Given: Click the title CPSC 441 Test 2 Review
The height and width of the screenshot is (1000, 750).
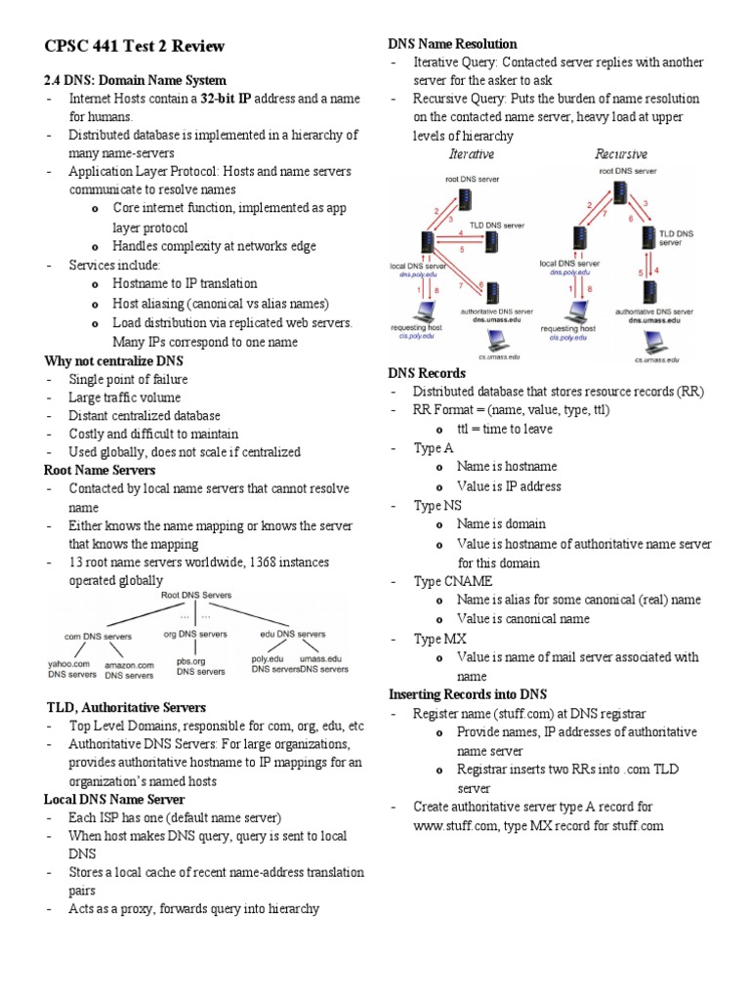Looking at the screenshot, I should pos(135,46).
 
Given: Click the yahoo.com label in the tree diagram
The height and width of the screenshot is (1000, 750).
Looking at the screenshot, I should pos(71,668).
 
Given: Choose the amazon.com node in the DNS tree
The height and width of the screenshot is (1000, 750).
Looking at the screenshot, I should pos(129,669).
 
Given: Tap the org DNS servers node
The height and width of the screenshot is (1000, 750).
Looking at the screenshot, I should pos(191,635).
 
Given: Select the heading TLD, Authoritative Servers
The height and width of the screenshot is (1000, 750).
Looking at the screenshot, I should pos(127,706).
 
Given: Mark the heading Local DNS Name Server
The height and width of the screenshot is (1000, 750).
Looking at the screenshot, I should pos(114,799).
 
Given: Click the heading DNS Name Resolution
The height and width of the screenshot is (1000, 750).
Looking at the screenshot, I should pos(452,44).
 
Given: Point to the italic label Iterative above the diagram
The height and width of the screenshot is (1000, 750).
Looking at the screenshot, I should pos(471,154).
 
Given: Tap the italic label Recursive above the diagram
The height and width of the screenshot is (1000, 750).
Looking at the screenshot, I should pos(620,154).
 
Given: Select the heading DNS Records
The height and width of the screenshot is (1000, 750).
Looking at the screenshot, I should pos(427,373).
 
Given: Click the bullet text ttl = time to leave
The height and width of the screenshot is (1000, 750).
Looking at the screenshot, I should pos(504,429).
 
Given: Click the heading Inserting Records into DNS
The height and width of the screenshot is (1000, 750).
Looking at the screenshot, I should pos(467,694).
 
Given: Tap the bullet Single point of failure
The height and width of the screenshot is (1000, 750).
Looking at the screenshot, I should pos(128,379).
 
